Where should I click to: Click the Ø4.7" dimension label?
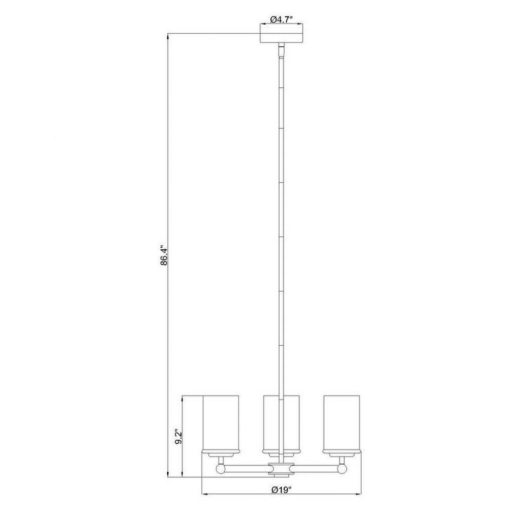[x=281, y=19]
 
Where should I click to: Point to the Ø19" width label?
[x=281, y=490]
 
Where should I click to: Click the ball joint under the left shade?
[x=221, y=469]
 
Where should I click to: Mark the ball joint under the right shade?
[x=342, y=469]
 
